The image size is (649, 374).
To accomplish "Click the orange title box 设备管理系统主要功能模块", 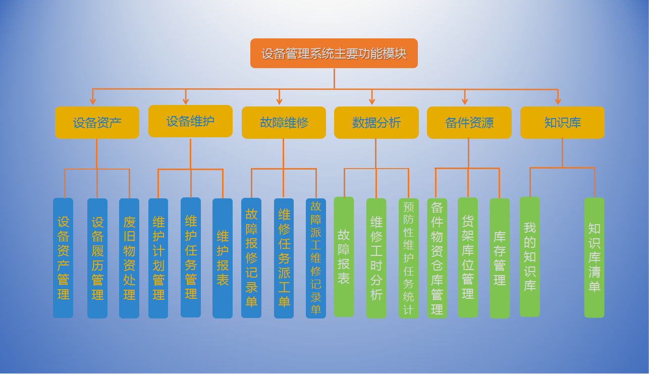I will point(334,53).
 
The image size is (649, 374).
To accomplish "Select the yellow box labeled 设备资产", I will point(97,123).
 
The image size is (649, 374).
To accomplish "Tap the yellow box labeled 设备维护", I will point(190,121).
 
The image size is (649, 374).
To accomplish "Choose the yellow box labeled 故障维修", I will point(284,123).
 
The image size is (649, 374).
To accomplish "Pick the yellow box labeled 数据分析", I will point(376,123).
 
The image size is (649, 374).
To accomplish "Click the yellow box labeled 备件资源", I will point(469,123).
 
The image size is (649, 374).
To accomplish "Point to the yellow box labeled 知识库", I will point(562,123).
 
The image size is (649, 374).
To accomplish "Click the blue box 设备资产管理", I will point(63,258).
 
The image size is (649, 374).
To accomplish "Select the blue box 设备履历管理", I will point(97,258).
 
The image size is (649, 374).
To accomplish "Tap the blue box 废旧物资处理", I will point(129,258).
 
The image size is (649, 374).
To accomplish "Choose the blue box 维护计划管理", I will point(158,258).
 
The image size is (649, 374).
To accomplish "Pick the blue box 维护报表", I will point(223,258).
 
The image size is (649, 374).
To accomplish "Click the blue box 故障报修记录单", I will point(251,258).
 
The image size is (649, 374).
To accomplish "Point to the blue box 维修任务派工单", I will point(284,258).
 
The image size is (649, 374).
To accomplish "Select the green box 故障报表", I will point(344,257).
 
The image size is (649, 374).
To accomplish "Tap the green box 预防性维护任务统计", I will point(408,258).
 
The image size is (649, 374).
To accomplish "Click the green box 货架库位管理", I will point(468,257).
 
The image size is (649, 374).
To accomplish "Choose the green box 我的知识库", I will point(529,257).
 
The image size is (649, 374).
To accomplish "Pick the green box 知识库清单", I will point(594,257).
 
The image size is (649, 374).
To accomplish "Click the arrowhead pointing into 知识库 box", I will point(558,101).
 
